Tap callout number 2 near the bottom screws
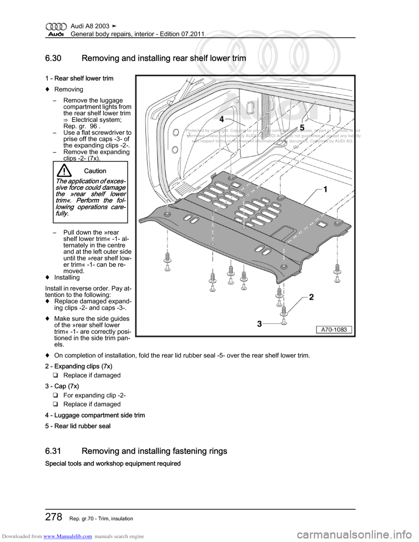tap(311, 297)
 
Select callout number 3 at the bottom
tap(259, 323)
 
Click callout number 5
tap(302, 127)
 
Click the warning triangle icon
tap(64, 170)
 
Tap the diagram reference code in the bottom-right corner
tap(334, 330)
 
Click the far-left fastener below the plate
tap(167, 264)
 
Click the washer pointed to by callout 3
tap(284, 322)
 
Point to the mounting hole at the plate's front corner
tap(284, 266)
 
